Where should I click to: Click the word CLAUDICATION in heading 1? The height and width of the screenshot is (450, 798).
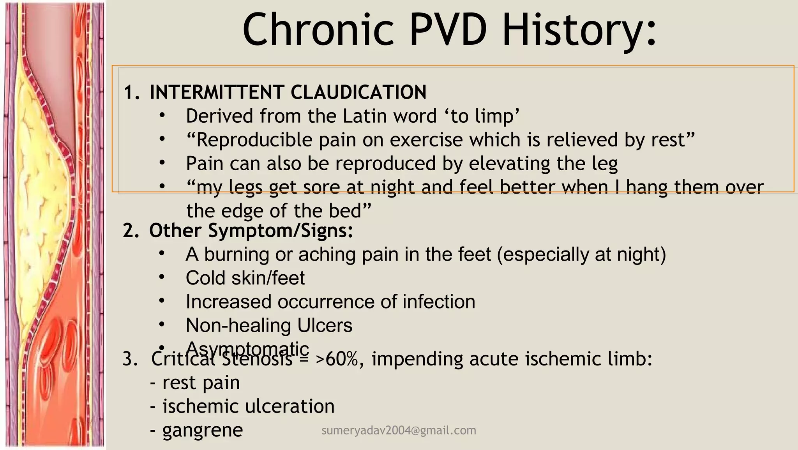pos(358,92)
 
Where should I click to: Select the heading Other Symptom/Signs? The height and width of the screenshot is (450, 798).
pos(251,230)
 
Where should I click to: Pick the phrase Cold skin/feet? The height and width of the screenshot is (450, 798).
pos(245,278)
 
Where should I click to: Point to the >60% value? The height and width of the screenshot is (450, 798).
pos(337,359)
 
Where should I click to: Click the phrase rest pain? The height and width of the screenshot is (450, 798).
pos(201,383)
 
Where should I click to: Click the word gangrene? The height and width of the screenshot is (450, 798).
pos(203,430)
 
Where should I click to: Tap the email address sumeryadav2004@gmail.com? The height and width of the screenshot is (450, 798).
pos(399,431)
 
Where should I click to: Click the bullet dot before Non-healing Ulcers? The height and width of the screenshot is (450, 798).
pos(162,324)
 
